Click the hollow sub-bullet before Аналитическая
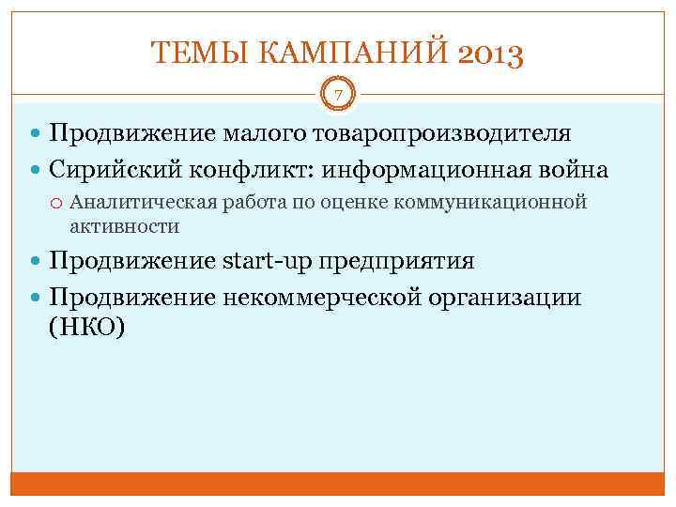click(x=58, y=203)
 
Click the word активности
click(x=124, y=226)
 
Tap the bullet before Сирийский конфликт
click(x=38, y=172)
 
